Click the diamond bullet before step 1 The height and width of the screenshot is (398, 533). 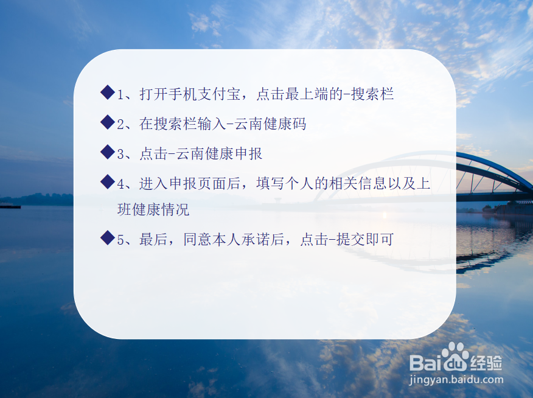point(108,93)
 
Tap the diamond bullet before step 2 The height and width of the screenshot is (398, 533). point(108,122)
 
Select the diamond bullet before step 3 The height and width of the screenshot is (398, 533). point(108,152)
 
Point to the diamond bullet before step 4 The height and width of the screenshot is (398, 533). point(108,181)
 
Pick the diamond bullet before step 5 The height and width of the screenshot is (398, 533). point(108,238)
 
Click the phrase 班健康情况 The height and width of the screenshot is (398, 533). point(153,210)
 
